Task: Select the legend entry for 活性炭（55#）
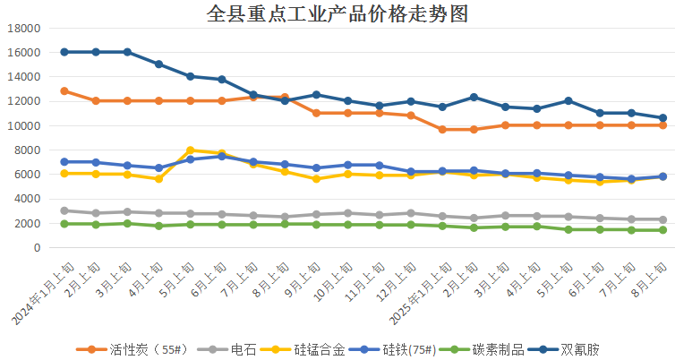click(129, 349)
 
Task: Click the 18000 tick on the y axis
click(24, 28)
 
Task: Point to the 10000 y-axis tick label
click(24, 125)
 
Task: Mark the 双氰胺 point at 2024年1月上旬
click(64, 52)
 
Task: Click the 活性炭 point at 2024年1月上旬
click(64, 91)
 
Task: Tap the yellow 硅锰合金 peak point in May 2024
click(191, 150)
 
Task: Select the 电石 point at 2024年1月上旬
click(64, 210)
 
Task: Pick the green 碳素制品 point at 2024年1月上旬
click(64, 224)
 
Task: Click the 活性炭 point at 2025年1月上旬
click(442, 129)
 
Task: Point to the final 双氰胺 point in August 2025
click(662, 118)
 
